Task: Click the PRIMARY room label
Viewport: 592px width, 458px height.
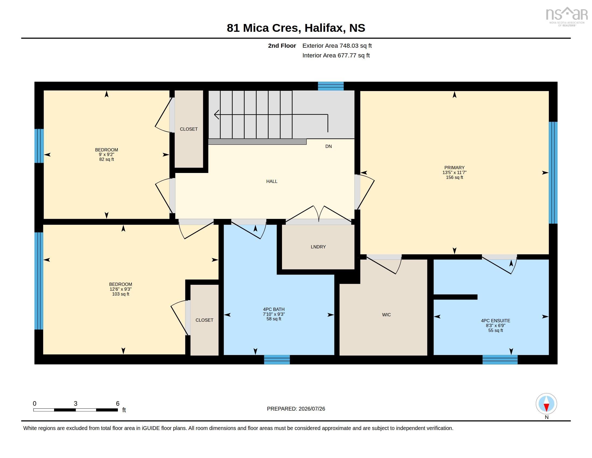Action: tap(454, 168)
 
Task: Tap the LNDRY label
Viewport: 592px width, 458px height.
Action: tap(318, 247)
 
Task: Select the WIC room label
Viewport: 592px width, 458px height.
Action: tap(386, 315)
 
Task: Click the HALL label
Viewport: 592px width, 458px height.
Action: tap(272, 181)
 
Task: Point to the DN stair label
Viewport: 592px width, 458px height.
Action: tap(329, 146)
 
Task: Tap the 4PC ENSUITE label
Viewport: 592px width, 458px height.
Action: tap(495, 321)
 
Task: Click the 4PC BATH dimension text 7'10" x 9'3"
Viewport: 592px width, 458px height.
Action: tap(274, 314)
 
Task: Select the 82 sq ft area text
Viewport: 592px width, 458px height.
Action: tap(107, 159)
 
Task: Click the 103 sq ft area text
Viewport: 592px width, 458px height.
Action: tap(121, 294)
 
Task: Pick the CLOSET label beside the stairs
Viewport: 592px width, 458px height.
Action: tap(189, 129)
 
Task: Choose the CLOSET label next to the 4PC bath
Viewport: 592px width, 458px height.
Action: tap(205, 320)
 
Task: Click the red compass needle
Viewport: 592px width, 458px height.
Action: tap(547, 408)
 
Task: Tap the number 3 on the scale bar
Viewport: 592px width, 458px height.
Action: tap(76, 404)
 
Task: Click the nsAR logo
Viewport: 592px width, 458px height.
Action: tap(566, 16)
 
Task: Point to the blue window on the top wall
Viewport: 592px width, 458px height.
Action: tap(331, 86)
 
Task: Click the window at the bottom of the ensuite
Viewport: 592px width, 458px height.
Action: tap(500, 360)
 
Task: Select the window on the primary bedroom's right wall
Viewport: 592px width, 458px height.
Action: tap(553, 173)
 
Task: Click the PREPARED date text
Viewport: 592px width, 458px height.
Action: tap(296, 409)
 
